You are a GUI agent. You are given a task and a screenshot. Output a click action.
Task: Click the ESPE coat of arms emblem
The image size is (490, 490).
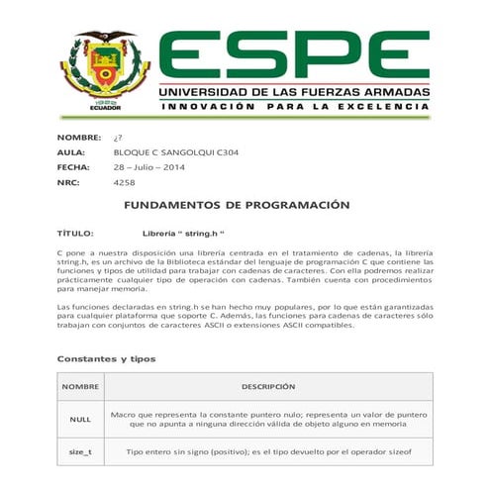pos(103,71)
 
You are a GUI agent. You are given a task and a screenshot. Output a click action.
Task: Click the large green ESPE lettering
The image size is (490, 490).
pos(293,55)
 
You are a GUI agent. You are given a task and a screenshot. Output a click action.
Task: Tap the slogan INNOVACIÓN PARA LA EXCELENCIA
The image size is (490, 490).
pos(295,106)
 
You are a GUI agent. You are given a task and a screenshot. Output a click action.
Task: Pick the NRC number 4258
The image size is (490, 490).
pos(125,183)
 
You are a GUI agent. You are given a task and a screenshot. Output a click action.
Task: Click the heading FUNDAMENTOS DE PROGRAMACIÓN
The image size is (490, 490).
pos(237,205)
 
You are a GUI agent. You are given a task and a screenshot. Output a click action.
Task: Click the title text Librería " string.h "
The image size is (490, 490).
pos(177,234)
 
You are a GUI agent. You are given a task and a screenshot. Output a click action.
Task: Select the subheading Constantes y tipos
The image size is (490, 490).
pos(106,357)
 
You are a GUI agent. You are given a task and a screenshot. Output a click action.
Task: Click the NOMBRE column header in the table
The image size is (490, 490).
pos(80,386)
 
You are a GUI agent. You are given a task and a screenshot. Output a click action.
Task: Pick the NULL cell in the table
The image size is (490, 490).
pos(80,419)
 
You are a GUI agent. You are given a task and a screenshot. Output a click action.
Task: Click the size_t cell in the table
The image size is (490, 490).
pos(80,452)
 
